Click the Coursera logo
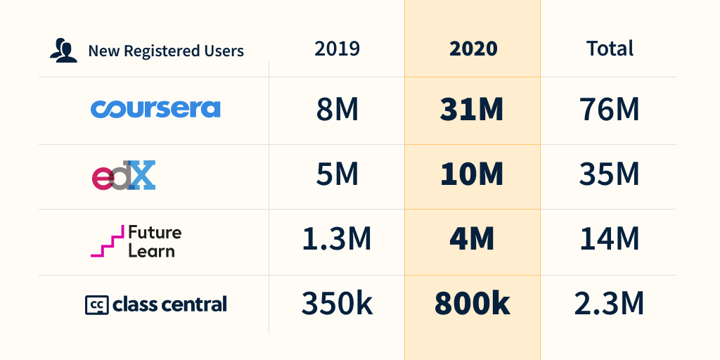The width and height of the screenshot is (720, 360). click(155, 109)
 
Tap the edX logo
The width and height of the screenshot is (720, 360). click(124, 176)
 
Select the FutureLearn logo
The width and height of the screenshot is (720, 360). click(136, 241)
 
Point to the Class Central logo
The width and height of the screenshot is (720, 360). click(155, 304)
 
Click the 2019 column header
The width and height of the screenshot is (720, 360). click(337, 49)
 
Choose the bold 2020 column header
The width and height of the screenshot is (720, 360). click(472, 49)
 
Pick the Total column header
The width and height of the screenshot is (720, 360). click(610, 49)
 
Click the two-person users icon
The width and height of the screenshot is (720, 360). click(63, 51)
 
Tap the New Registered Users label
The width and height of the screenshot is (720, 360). click(166, 51)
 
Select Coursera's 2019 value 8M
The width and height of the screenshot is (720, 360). click(337, 110)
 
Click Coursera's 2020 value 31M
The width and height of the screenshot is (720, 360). click(472, 110)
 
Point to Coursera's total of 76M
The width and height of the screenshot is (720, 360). click(610, 110)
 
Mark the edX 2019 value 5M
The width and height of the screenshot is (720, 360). click(337, 175)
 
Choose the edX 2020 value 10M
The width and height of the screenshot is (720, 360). click(472, 175)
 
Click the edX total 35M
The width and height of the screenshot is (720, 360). click(610, 175)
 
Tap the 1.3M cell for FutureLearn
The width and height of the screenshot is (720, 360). click(337, 240)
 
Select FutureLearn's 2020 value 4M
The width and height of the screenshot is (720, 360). click(472, 240)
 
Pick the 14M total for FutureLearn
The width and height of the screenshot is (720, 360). click(610, 240)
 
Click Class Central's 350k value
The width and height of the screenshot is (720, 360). click(337, 304)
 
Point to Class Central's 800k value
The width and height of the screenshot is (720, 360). click(472, 304)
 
